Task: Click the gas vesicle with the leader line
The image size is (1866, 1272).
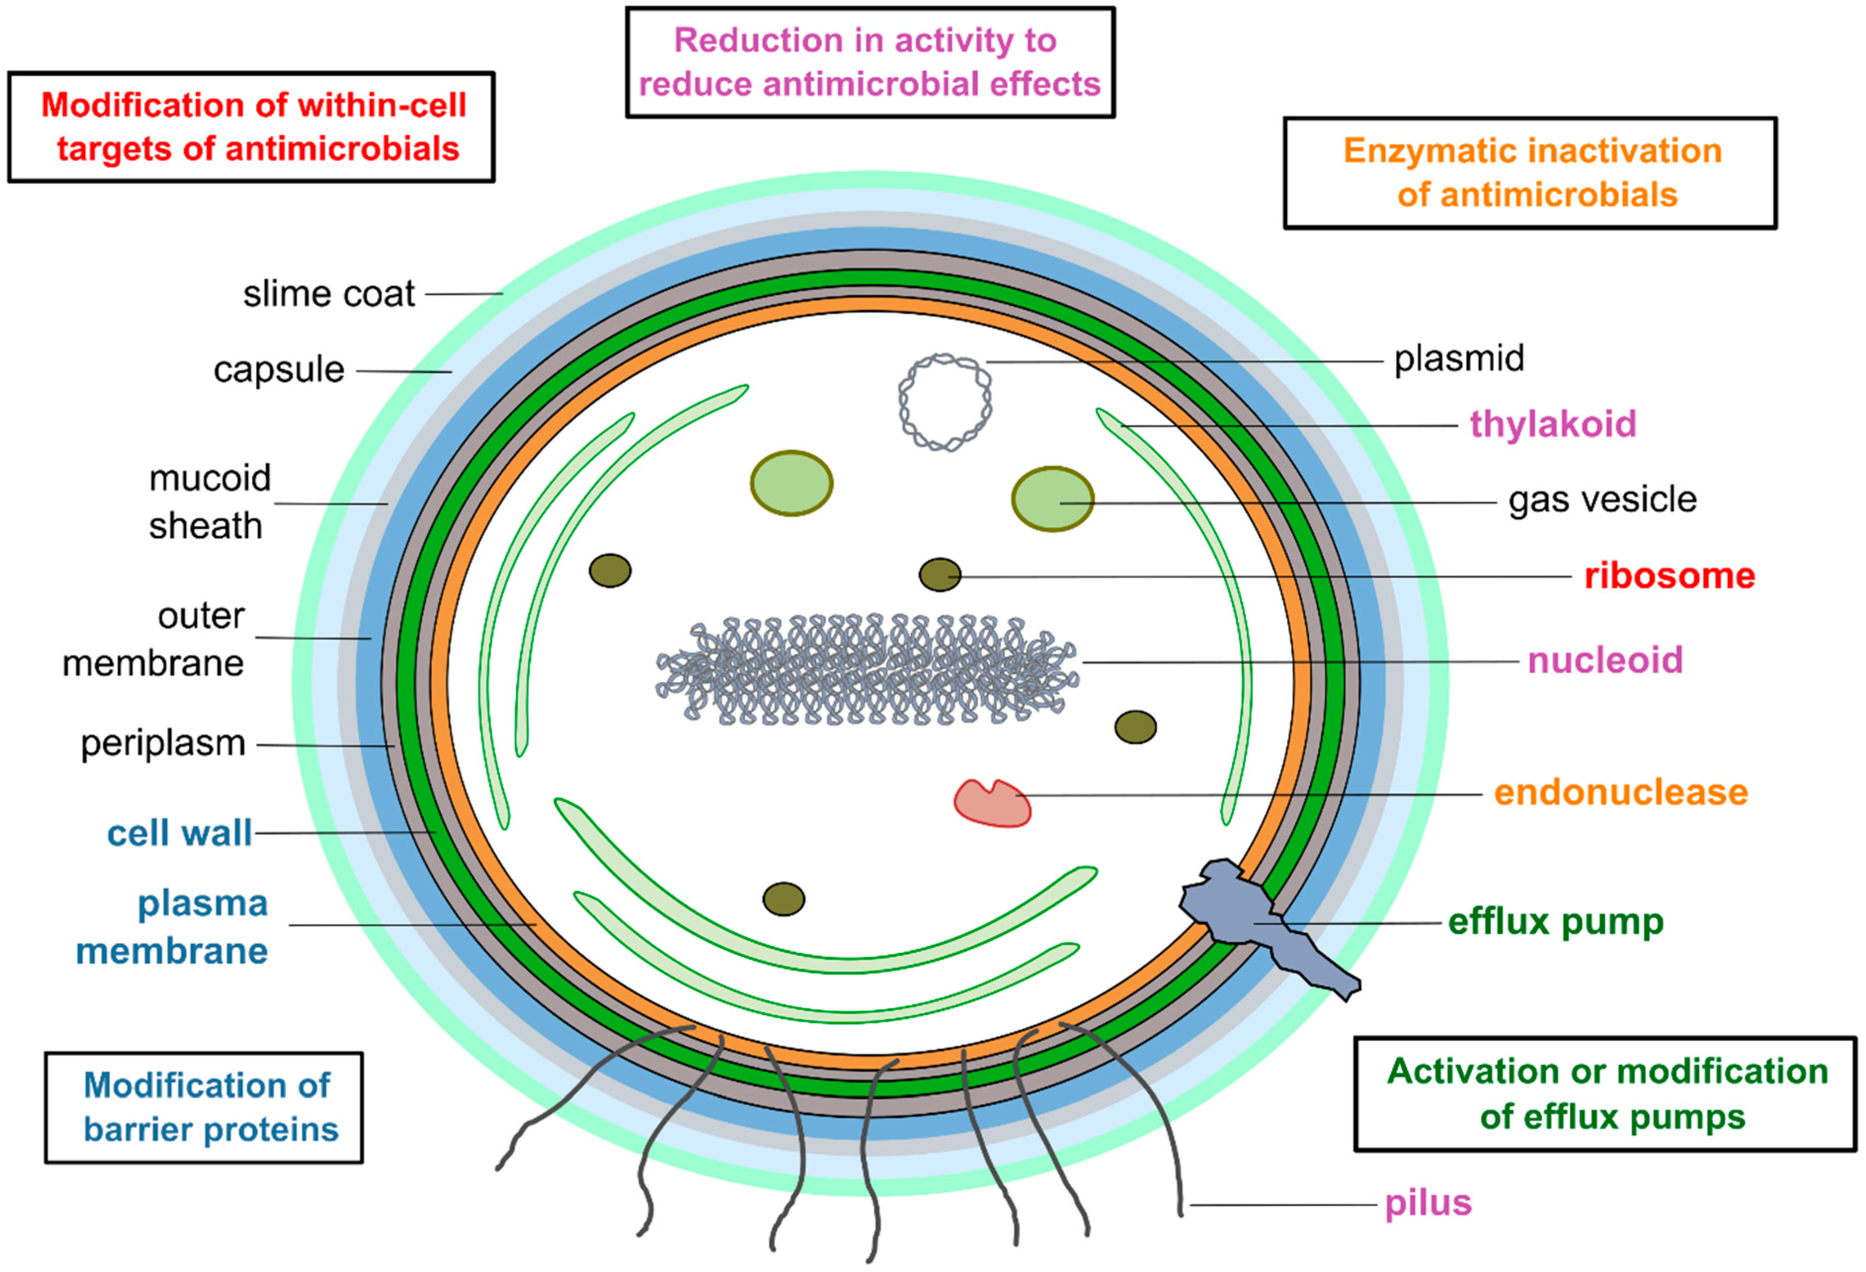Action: click(1052, 499)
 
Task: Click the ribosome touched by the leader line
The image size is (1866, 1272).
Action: click(940, 575)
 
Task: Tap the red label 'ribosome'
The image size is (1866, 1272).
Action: click(1668, 576)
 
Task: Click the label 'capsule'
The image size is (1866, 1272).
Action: click(278, 370)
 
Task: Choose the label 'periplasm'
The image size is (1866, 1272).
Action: click(163, 743)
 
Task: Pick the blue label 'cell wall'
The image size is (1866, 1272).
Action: click(180, 833)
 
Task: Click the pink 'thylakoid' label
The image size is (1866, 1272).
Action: click(1552, 424)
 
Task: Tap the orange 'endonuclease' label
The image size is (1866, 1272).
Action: click(1620, 792)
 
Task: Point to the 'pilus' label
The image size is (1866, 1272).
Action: click(1428, 1203)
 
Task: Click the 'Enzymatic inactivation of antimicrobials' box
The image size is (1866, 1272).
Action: click(1530, 173)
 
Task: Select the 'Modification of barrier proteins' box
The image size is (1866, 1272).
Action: click(204, 1108)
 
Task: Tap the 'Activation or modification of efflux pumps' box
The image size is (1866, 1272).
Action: click(1606, 1094)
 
